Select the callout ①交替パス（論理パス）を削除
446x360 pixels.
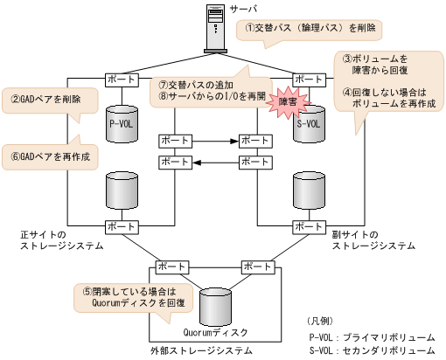(310, 29)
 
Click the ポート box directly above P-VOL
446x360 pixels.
(121, 80)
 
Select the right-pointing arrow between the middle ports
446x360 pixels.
(215, 140)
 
